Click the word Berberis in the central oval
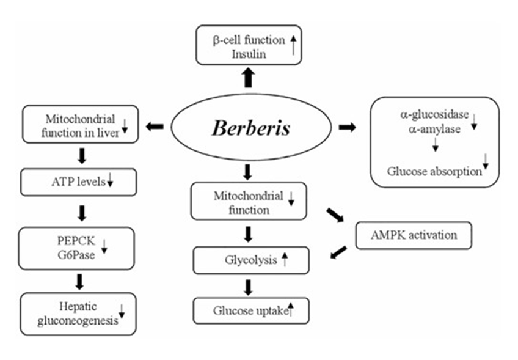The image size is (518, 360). click(251, 129)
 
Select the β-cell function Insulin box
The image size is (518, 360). click(249, 45)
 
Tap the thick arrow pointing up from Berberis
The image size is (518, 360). click(247, 78)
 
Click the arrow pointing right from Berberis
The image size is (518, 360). click(348, 127)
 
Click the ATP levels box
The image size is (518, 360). click(78, 182)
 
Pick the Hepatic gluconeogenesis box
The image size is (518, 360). click(78, 313)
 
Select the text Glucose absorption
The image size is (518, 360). click(434, 171)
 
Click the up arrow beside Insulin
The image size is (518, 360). click(294, 46)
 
